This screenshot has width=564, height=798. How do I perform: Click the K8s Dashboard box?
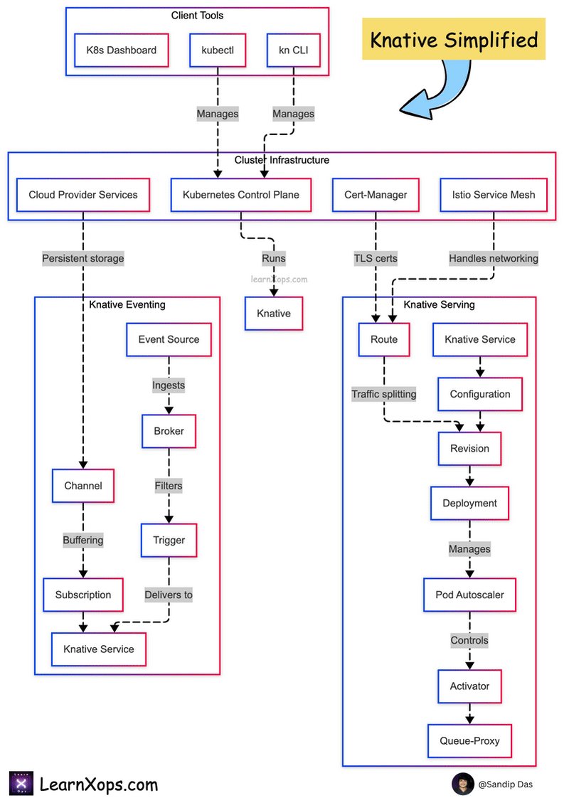(121, 50)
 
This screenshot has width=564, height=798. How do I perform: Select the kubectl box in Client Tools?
(218, 50)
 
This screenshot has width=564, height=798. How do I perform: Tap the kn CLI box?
(294, 50)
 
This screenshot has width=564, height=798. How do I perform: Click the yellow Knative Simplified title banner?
(454, 39)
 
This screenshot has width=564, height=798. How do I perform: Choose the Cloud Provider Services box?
(83, 195)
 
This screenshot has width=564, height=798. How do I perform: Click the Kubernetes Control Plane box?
(241, 195)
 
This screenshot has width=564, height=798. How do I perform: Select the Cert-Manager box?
(376, 195)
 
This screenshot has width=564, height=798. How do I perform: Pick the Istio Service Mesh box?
(494, 195)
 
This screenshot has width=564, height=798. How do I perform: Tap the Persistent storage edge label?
(83, 259)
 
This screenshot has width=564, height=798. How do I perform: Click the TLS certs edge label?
(376, 259)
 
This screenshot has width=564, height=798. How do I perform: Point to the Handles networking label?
(494, 259)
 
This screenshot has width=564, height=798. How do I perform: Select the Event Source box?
(169, 339)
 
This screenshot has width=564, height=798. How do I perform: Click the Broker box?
(169, 431)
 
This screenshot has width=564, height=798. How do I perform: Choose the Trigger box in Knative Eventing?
(169, 540)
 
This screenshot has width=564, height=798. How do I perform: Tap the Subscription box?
(83, 595)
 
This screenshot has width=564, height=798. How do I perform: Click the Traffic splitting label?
(384, 394)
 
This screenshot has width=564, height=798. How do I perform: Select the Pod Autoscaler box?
(470, 595)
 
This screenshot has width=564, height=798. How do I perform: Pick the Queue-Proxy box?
(470, 741)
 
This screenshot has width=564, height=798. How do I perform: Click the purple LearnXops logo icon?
(21, 784)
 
